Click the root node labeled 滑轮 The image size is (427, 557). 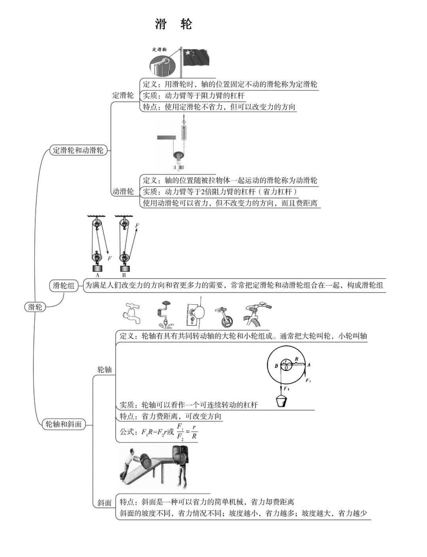point(35,307)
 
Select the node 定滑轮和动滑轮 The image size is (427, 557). point(78,150)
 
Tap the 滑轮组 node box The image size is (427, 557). point(64,286)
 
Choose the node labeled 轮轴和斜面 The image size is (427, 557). point(64,424)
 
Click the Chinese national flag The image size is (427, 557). point(196,57)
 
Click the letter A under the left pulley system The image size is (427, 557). point(98,275)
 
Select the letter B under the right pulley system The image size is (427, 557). point(124,275)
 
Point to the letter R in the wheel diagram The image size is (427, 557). point(297,359)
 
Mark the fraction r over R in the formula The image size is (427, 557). point(194,432)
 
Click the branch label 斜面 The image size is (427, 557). point(105,503)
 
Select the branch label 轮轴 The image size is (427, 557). point(105,370)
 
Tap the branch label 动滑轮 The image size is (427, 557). point(123,191)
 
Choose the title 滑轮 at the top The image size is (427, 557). point(174,24)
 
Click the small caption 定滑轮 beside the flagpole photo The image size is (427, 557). point(159,50)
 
